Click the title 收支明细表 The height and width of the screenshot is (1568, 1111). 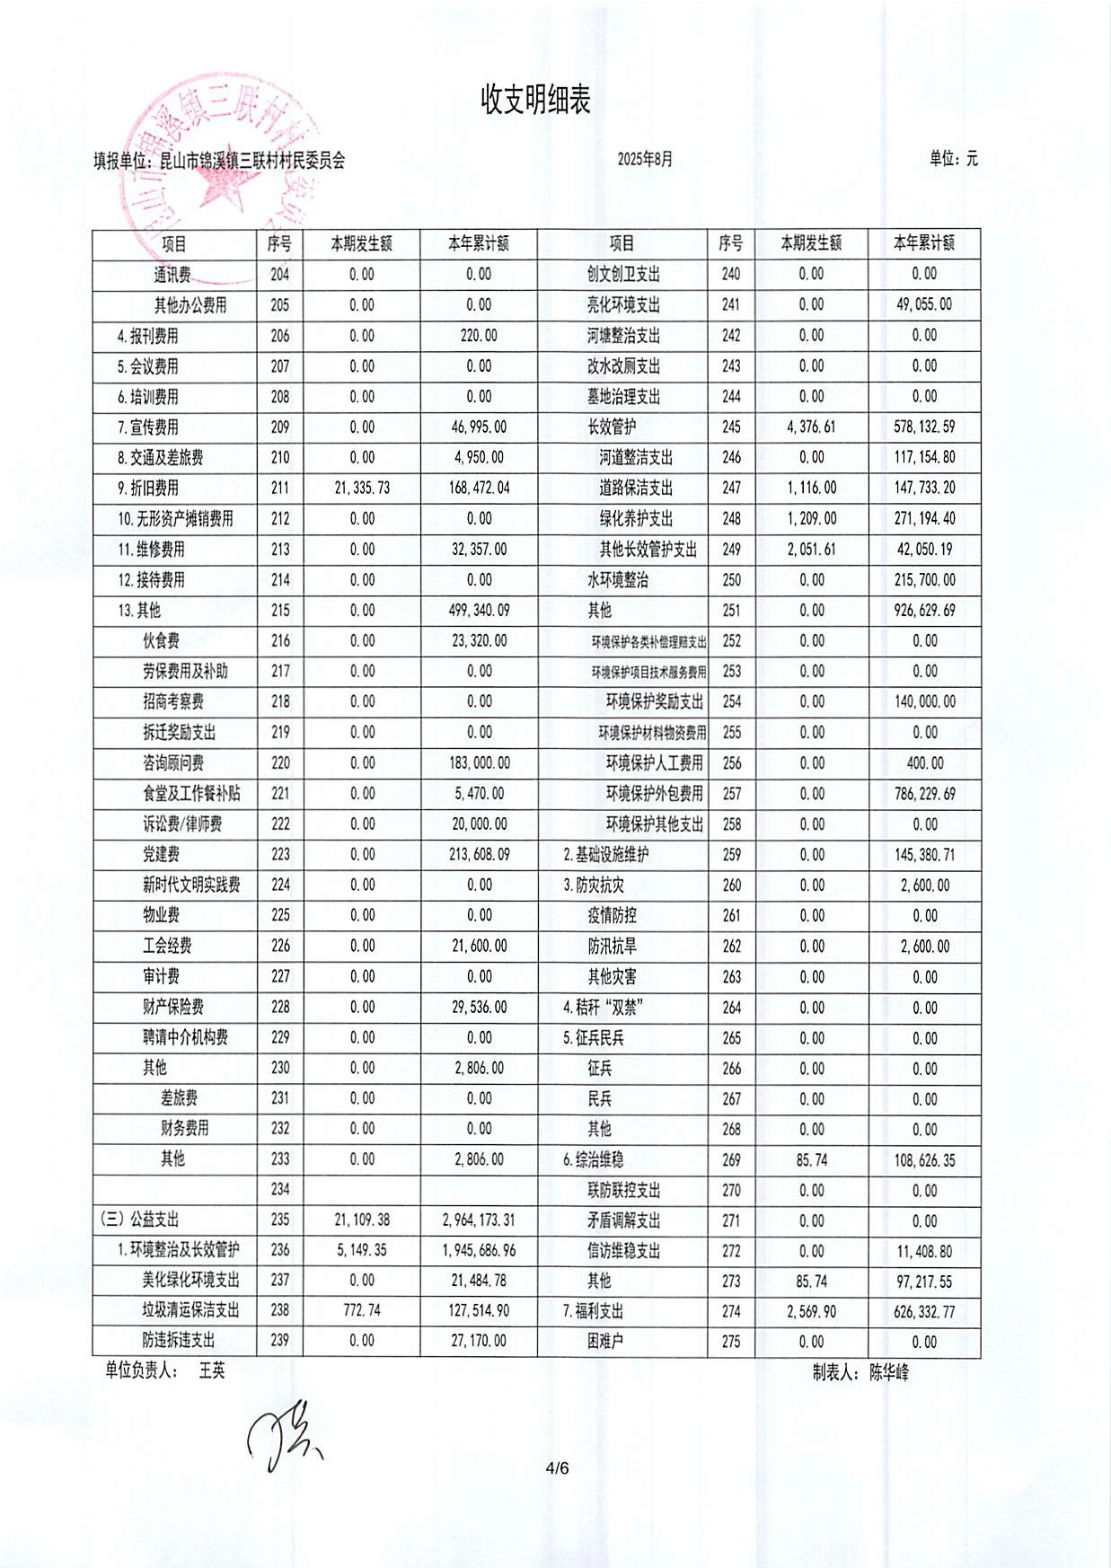(x=535, y=100)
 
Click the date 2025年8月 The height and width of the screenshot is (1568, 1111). (x=644, y=160)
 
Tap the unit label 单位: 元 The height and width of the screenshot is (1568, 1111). (x=953, y=159)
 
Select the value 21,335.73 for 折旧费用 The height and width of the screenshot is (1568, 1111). (x=362, y=489)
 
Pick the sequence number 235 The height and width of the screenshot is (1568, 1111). (x=280, y=1220)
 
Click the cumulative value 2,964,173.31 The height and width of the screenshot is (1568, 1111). (x=479, y=1220)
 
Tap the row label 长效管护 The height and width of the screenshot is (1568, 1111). (x=612, y=427)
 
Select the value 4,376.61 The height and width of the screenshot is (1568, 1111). (x=811, y=427)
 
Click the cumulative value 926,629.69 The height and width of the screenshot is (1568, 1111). (x=924, y=611)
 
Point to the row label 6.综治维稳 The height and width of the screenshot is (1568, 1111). (x=593, y=1160)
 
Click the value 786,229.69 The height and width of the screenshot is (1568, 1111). (x=924, y=794)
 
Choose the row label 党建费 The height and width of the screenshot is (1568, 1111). (x=161, y=855)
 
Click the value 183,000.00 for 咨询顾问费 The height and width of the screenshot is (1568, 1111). (x=479, y=763)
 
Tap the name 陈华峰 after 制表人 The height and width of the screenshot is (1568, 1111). (x=888, y=1373)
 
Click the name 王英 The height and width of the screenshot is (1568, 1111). (x=212, y=1371)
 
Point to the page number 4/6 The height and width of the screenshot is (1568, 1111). (x=557, y=1469)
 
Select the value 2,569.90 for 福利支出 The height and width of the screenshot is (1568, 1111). (x=811, y=1312)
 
